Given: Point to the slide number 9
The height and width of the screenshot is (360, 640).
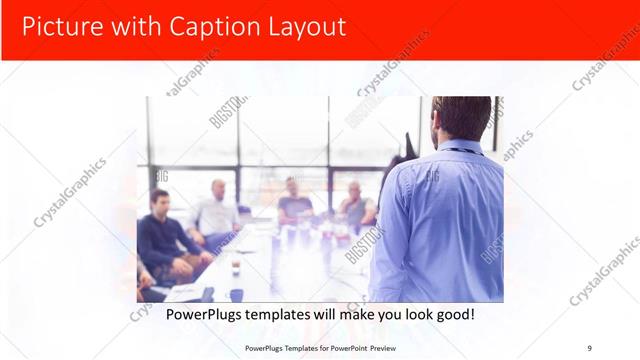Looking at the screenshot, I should (589, 348).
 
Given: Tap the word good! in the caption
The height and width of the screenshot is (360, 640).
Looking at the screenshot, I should (453, 314).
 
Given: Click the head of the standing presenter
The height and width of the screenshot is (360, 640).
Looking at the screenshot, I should (462, 118).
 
